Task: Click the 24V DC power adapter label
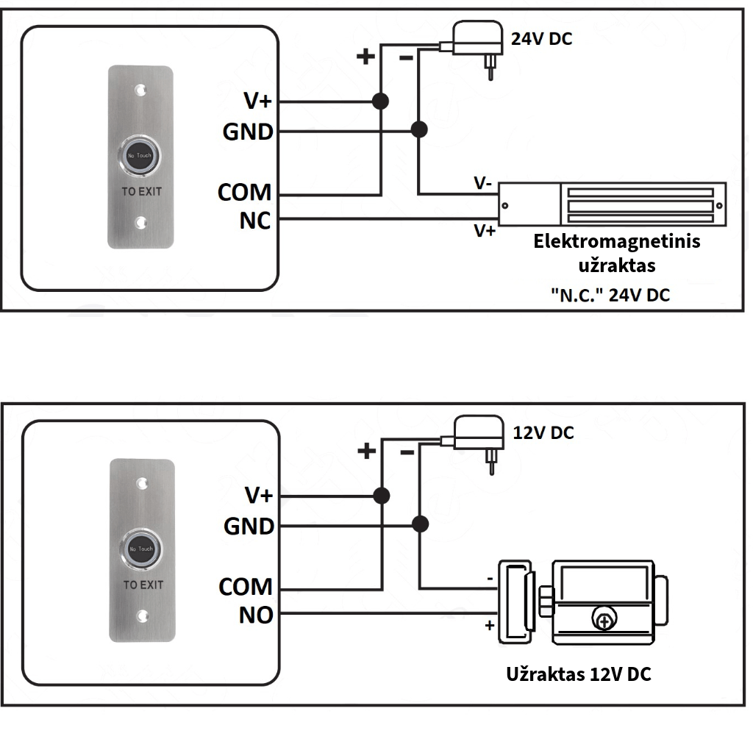541,39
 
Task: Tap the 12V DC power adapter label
543,432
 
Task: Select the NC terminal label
254,221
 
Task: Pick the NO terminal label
256,615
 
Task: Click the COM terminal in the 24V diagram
245,193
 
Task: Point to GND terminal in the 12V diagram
249,526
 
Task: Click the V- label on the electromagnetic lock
483,183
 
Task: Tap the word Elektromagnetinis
617,241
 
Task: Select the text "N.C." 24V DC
610,295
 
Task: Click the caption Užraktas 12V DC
579,674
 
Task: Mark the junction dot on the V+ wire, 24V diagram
380,101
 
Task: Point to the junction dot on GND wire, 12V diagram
420,524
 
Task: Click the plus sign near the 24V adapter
365,57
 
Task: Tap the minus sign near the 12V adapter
407,452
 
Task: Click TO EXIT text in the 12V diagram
143,585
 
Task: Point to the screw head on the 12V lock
604,621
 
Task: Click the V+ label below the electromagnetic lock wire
485,231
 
